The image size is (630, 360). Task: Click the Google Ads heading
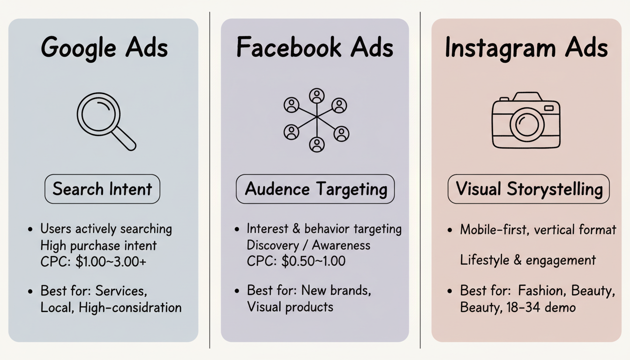point(104,48)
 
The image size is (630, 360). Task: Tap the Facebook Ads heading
point(315,47)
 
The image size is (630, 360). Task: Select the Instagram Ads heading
point(526,48)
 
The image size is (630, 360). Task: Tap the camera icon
point(526,120)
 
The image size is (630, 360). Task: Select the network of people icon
point(316,120)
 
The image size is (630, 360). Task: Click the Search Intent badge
point(102,189)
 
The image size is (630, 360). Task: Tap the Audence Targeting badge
point(315,189)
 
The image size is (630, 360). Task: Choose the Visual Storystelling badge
point(529,189)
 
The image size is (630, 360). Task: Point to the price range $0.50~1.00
point(313,261)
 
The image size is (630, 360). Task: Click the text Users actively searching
point(106,229)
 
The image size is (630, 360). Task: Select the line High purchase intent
point(98,245)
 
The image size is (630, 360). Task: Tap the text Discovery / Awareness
point(308,245)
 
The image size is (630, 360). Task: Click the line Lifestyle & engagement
point(528,260)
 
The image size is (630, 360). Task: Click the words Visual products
point(290,307)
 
